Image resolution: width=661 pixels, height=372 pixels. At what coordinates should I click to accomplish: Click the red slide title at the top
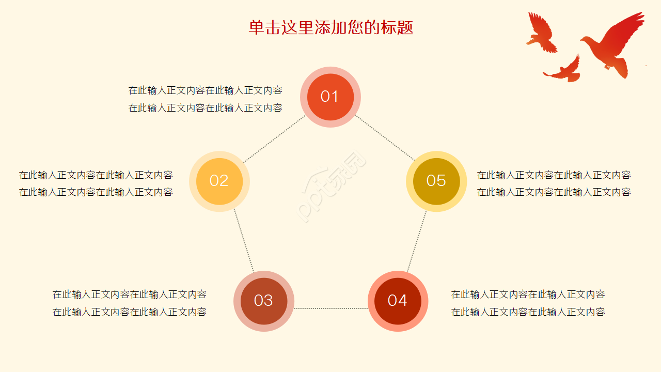[x=330, y=27]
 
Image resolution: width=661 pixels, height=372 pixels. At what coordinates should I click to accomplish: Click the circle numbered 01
[x=330, y=97]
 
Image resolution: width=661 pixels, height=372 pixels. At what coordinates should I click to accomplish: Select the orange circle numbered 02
[x=219, y=181]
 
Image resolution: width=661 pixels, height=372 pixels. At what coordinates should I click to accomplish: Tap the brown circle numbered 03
[x=264, y=301]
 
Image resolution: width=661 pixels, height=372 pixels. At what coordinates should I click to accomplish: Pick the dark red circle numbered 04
[x=398, y=301]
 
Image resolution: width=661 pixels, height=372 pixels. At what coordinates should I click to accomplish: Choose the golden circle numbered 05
[x=436, y=181]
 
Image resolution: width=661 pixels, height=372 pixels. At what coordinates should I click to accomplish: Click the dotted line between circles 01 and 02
[x=275, y=138]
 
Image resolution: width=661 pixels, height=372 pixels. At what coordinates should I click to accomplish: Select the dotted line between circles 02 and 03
[x=244, y=241]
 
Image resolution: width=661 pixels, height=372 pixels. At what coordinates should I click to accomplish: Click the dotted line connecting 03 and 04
[x=330, y=308]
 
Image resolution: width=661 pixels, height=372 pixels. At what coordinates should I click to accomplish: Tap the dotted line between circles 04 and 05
[x=417, y=241]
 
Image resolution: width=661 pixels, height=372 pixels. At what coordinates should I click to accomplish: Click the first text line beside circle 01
[x=205, y=90]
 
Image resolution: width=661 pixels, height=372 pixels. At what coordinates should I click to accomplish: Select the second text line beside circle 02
[x=96, y=192]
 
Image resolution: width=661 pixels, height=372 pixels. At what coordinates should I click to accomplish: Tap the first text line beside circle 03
[x=129, y=295]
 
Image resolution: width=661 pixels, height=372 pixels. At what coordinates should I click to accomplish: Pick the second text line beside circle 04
[x=528, y=312]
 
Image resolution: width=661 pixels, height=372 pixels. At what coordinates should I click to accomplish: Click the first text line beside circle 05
[x=554, y=175]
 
